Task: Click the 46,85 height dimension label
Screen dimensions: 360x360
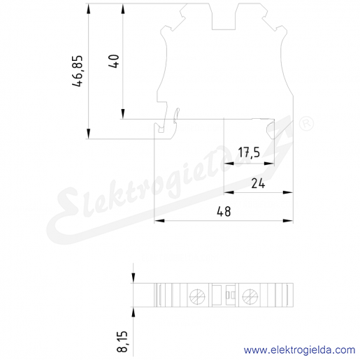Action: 78,71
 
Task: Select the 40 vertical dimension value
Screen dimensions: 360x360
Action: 114,61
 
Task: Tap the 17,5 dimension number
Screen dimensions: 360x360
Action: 249,152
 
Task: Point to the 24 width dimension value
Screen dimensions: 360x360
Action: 258,183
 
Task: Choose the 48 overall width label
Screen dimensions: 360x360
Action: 224,212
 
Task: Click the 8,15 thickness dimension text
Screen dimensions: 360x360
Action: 122,341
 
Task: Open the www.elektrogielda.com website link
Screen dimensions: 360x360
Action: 299,350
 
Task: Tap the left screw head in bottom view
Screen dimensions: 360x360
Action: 197,297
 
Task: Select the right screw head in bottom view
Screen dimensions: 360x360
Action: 250,297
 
